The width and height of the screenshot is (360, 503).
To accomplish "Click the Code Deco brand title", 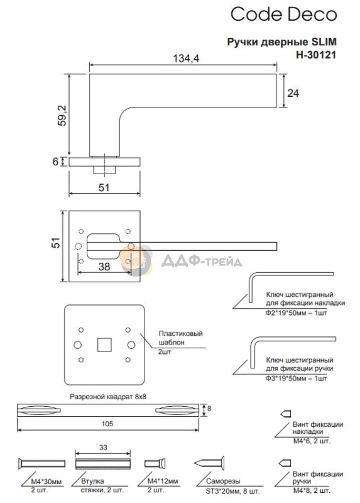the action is pyautogui.click(x=284, y=14).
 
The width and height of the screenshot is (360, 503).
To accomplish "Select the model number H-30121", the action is pyautogui.click(x=316, y=55).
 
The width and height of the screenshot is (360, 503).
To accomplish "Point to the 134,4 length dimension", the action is pyautogui.click(x=186, y=58).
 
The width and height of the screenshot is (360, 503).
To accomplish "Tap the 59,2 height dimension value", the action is pyautogui.click(x=62, y=116).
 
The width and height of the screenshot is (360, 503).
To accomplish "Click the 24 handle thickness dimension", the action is pyautogui.click(x=293, y=93).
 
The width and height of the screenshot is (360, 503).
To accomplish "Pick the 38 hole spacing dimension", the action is pyautogui.click(x=104, y=266).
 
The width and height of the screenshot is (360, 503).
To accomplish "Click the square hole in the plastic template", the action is pyautogui.click(x=104, y=345).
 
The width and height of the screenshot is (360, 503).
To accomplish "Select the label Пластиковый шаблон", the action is pyautogui.click(x=181, y=338).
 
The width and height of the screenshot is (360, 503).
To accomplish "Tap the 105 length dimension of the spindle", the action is pyautogui.click(x=107, y=424).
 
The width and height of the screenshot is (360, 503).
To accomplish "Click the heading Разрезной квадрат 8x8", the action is pyautogui.click(x=108, y=397).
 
